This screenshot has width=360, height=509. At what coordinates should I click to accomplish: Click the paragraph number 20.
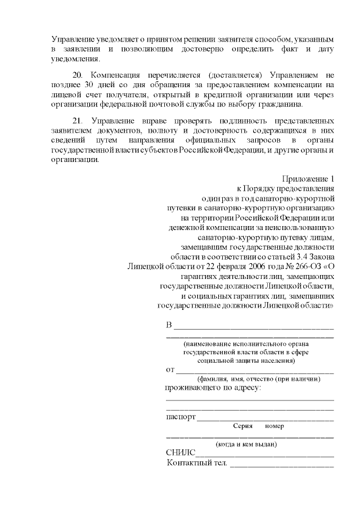coord(79,75)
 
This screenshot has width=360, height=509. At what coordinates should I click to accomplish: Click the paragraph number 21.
coord(79,121)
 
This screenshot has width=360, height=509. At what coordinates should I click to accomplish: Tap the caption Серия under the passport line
coord(242,426)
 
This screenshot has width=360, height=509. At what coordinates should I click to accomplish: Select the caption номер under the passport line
coord(274,426)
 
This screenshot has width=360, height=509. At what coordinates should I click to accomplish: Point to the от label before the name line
coord(170,370)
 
